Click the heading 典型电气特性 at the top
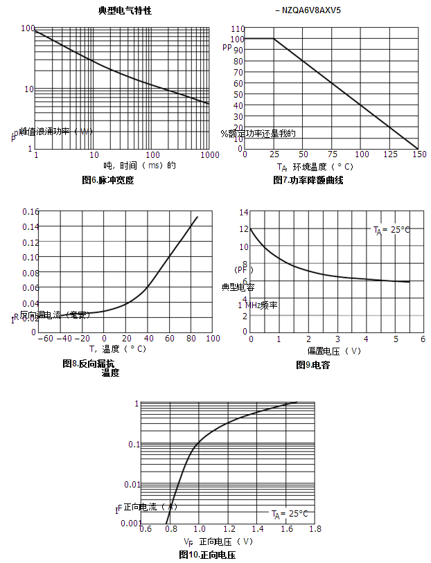[x=125, y=10]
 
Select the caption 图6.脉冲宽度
[x=107, y=180]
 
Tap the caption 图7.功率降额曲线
[x=308, y=180]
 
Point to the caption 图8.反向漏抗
[x=89, y=364]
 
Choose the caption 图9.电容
[x=313, y=365]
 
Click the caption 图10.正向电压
[x=207, y=555]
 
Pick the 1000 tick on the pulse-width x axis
[x=209, y=155]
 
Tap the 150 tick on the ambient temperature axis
[x=418, y=154]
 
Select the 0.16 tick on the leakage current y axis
[x=30, y=211]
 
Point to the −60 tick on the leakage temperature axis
[x=46, y=338]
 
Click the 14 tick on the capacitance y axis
[x=244, y=211]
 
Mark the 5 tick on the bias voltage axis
[x=395, y=338]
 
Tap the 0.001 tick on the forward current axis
[x=130, y=523]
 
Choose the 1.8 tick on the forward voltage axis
[x=315, y=529]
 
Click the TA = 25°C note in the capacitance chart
[x=392, y=230]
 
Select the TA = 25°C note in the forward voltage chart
[x=290, y=514]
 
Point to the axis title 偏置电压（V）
[x=334, y=350]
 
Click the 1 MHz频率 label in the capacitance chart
[x=258, y=305]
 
